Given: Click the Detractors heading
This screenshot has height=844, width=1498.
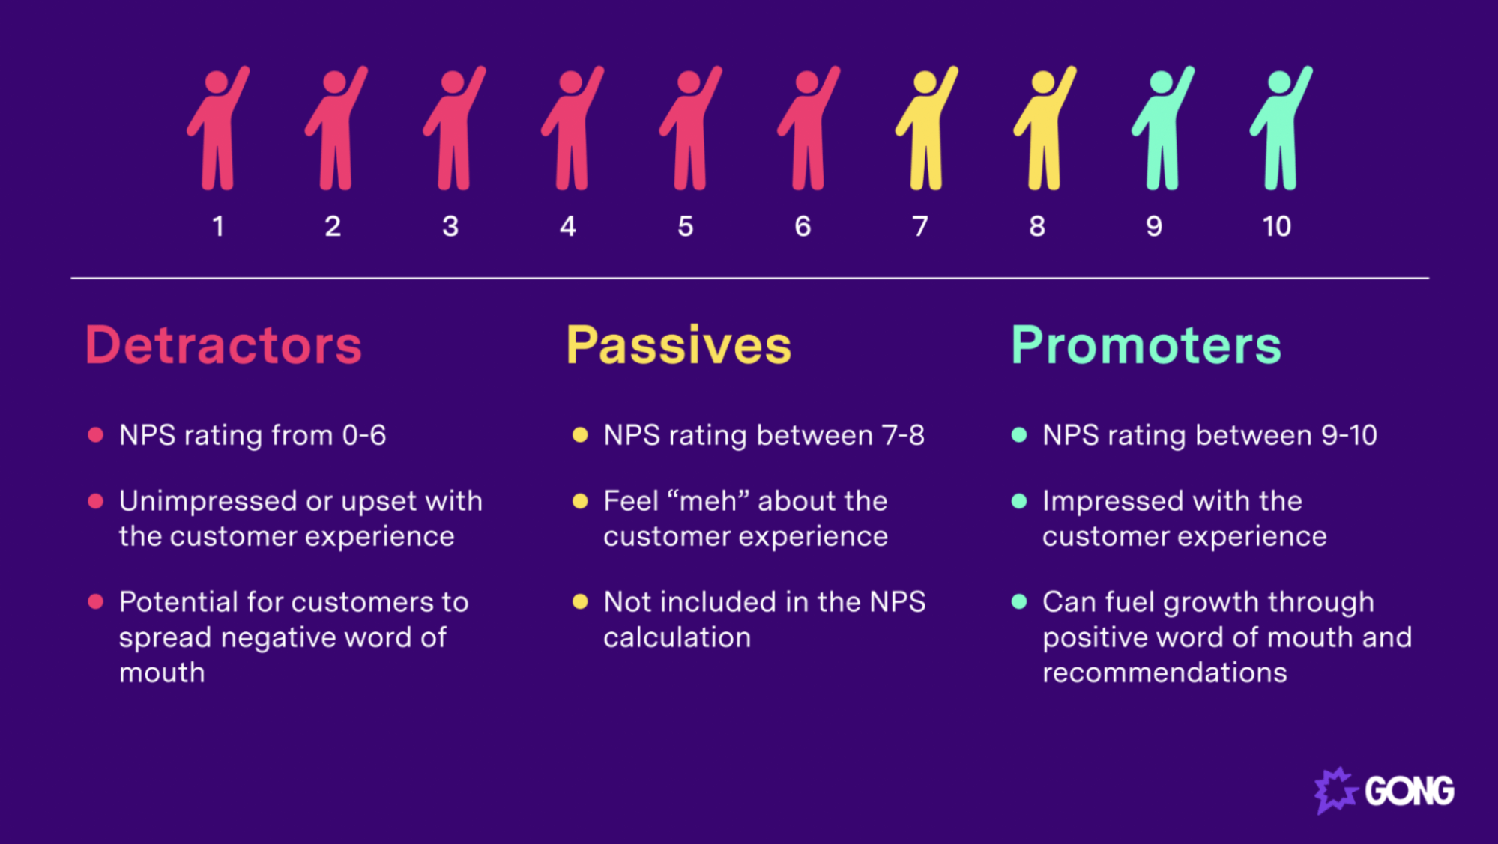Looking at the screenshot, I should tap(223, 345).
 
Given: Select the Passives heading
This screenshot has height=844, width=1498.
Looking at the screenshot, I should tap(678, 345).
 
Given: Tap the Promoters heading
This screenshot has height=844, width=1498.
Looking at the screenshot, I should tap(1146, 345).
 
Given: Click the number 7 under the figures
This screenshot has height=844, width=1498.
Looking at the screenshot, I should tap(920, 226).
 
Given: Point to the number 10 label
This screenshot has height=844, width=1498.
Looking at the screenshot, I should tap(1276, 226).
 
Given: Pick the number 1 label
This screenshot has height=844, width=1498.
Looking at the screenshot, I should tap(218, 226).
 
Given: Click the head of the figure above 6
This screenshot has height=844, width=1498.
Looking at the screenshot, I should tap(806, 82).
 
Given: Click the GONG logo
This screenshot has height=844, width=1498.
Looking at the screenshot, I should tap(1384, 790).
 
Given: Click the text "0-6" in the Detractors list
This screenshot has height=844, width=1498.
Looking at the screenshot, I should tap(364, 435).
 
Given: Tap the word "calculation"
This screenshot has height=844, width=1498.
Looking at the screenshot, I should tap(677, 637).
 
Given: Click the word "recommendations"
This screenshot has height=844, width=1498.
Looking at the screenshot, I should tap(1165, 673).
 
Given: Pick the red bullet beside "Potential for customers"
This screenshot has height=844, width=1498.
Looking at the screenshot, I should tap(95, 602).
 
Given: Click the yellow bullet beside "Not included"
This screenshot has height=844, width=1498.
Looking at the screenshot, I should tap(579, 602).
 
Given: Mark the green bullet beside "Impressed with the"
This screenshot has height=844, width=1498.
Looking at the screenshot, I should tap(1018, 501).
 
